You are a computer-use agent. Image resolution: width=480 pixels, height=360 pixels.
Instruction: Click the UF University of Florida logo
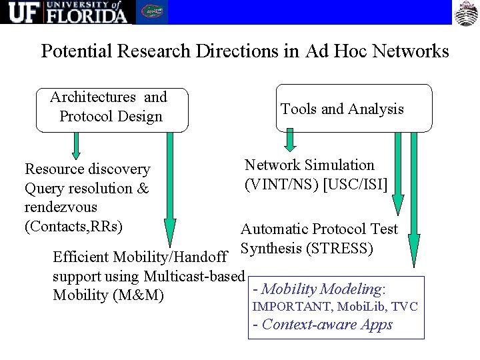pyautogui.click(x=67, y=12)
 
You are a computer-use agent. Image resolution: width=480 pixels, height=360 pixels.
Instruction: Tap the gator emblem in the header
pyautogui.click(x=152, y=12)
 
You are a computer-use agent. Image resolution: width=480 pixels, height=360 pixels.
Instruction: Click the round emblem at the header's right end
pyautogui.click(x=467, y=13)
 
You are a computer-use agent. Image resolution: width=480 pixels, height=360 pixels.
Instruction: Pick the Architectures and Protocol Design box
pyautogui.click(x=111, y=109)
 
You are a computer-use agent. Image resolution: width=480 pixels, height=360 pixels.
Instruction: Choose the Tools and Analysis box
pyautogui.click(x=353, y=109)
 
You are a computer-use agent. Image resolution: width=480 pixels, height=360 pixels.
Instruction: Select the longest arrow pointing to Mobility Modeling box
pyautogui.click(x=414, y=200)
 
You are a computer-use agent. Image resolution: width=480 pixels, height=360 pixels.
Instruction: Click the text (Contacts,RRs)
pyautogui.click(x=73, y=226)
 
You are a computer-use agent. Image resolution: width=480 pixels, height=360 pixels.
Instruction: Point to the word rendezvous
pyautogui.click(x=61, y=207)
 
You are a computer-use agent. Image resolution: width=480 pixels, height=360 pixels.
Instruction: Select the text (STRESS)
pyautogui.click(x=339, y=249)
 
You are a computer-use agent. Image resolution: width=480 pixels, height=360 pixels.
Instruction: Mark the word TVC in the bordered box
pyautogui.click(x=405, y=307)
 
